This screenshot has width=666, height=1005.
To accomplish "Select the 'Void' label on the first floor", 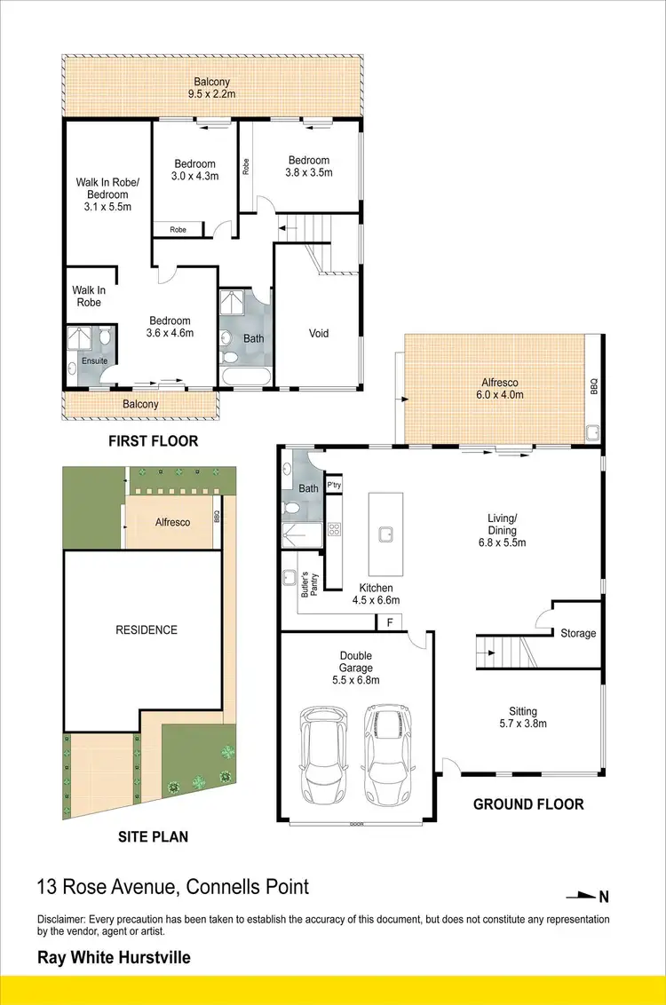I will pyautogui.click(x=319, y=334).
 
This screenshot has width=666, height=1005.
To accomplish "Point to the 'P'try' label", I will pyautogui.click(x=334, y=486).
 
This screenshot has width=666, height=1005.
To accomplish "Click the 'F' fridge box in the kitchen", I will pyautogui.click(x=388, y=622).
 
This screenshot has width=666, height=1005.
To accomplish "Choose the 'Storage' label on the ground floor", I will pyautogui.click(x=578, y=633).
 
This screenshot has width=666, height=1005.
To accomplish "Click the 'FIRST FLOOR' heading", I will pyautogui.click(x=153, y=441).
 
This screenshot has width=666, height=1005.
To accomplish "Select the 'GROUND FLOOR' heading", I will pyautogui.click(x=528, y=804).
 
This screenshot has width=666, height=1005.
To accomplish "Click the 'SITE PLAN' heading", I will pyautogui.click(x=152, y=836).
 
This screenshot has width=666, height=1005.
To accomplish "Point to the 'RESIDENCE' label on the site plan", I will pyautogui.click(x=147, y=630).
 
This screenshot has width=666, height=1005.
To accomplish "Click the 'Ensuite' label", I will pyautogui.click(x=95, y=361).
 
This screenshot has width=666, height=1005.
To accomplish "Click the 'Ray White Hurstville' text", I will pyautogui.click(x=113, y=958).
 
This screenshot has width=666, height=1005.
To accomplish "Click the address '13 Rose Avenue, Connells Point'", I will pyautogui.click(x=173, y=886).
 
